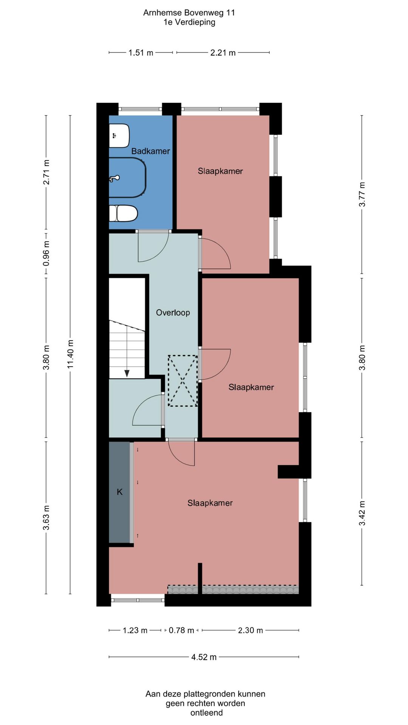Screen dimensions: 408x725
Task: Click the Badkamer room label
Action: click(150, 151)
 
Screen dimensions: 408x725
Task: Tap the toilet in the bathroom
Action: click(123, 213)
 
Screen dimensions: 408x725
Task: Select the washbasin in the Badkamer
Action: click(119, 136)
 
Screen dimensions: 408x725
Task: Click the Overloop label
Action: click(173, 313)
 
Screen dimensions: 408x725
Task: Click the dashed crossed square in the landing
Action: click(183, 381)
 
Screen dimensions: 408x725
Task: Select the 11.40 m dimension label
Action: click(70, 354)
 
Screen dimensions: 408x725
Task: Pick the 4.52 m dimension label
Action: click(204, 657)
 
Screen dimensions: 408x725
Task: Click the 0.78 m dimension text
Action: click(181, 630)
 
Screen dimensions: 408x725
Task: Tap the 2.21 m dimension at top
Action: click(223, 53)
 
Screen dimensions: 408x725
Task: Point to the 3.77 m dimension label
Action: click(362, 194)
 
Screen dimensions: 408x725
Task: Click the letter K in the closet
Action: click(120, 492)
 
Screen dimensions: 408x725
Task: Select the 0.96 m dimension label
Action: click(46, 253)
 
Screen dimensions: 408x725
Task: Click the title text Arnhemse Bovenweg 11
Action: click(189, 13)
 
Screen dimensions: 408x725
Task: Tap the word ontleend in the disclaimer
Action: click(207, 713)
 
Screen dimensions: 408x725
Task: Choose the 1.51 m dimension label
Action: click(141, 53)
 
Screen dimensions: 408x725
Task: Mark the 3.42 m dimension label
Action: click(362, 514)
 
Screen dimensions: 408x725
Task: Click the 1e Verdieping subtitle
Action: click(189, 22)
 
